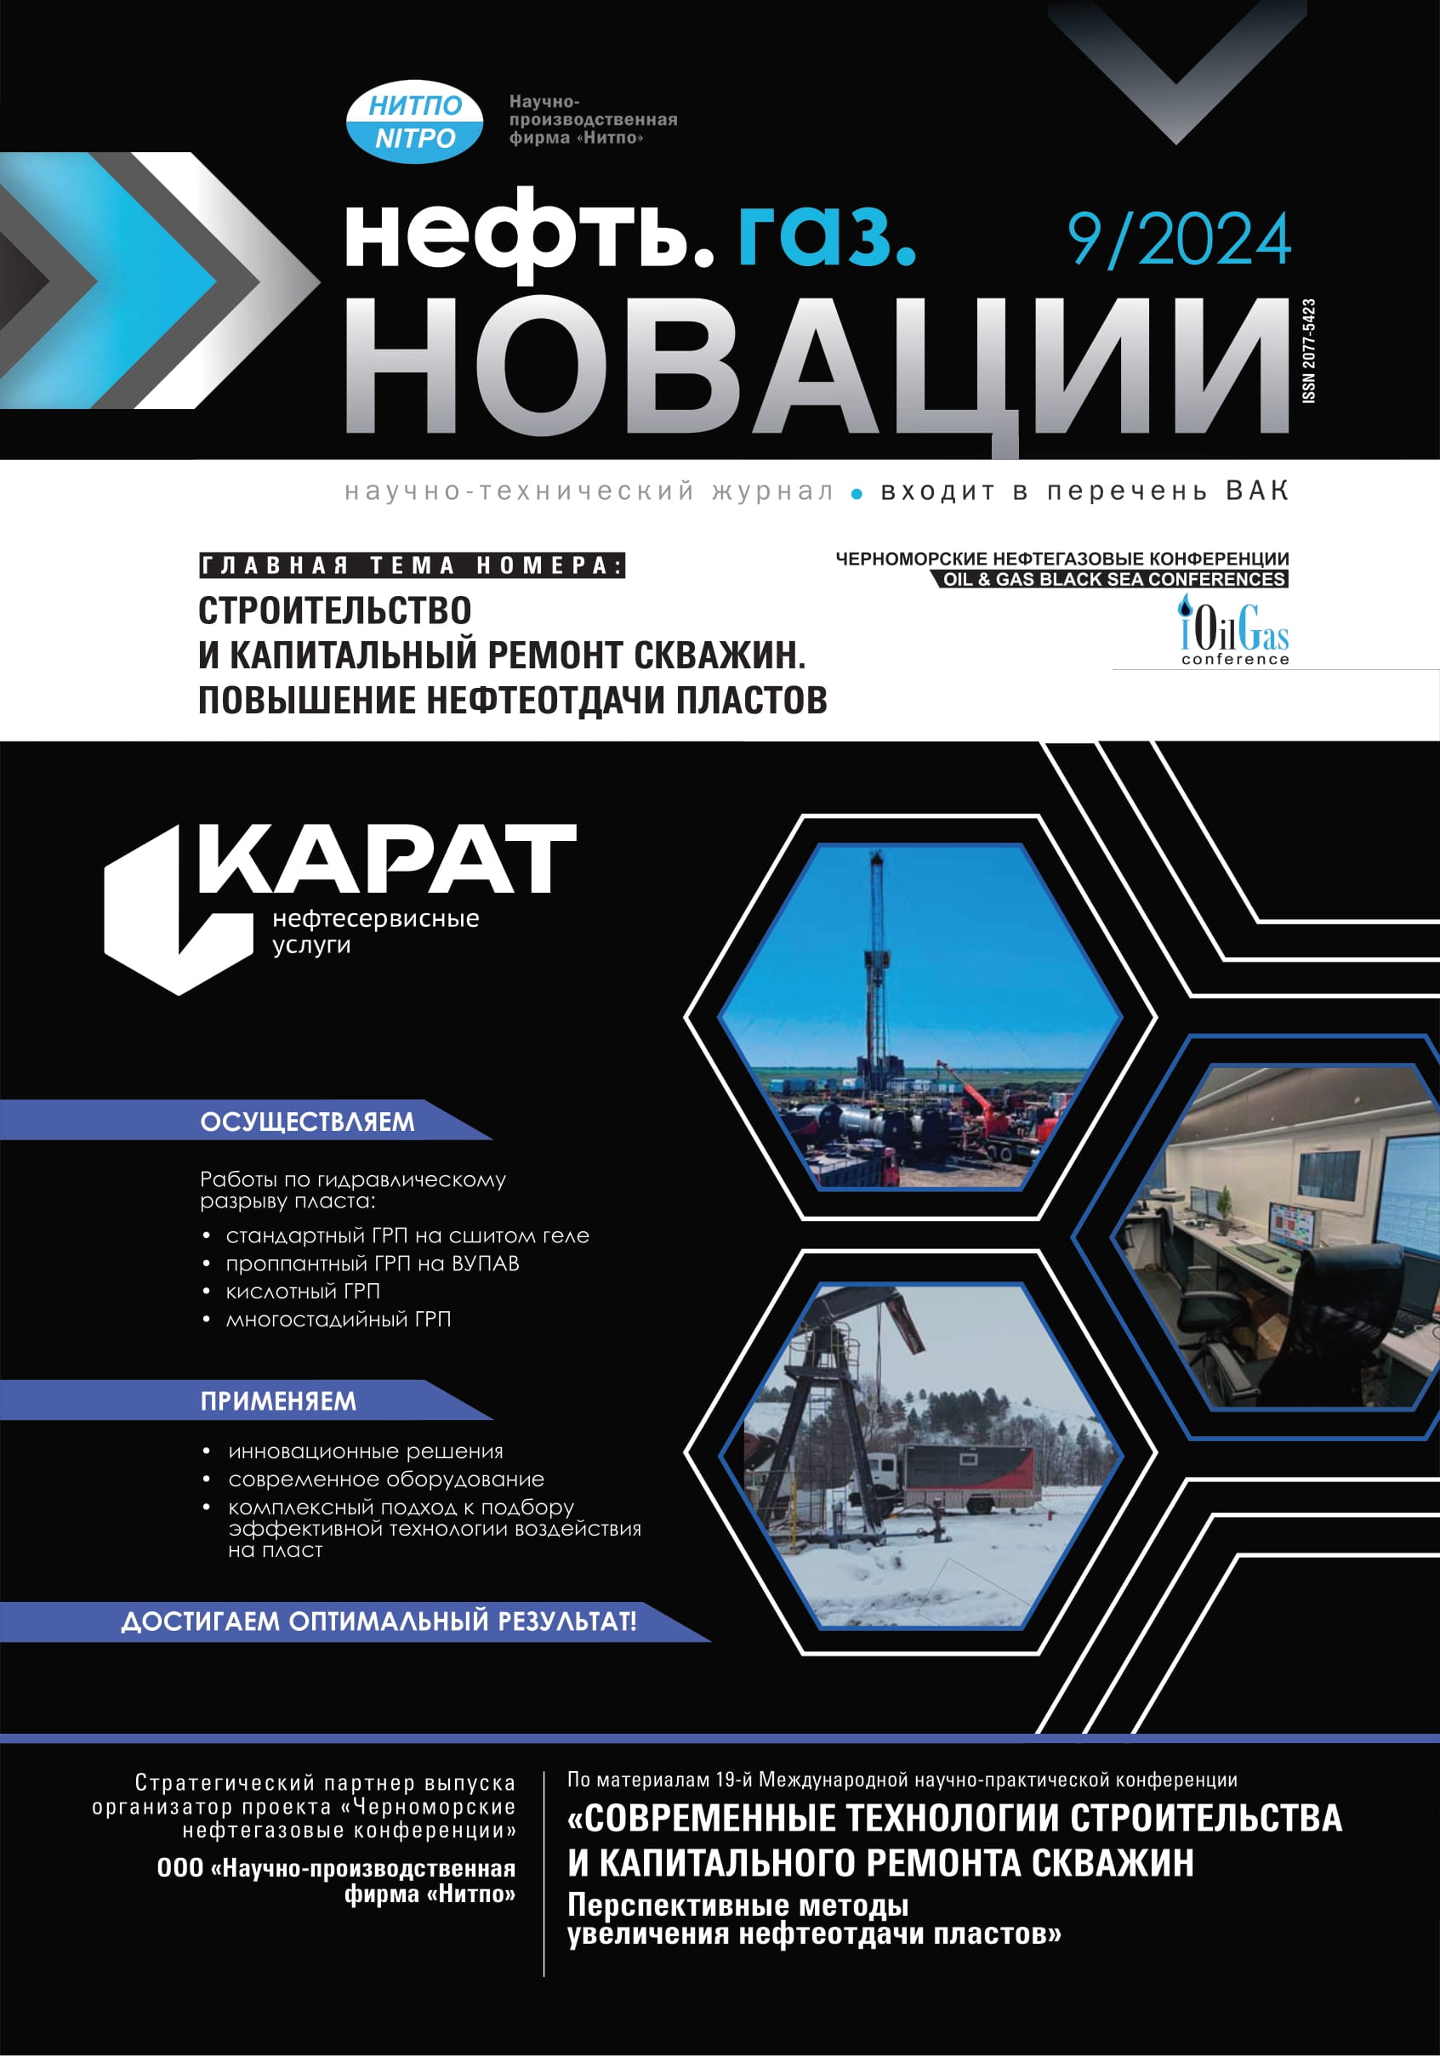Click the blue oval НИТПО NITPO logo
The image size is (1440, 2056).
point(414,122)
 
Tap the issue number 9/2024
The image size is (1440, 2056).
point(1179,240)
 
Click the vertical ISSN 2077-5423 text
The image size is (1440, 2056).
point(1308,351)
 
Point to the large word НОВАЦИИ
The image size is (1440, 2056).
point(815,367)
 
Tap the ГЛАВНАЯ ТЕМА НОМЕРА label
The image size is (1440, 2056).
point(412,566)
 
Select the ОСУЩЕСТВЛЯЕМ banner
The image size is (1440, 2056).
point(307,1122)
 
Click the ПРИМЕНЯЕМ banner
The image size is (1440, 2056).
point(277,1400)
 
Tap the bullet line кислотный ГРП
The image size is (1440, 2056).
point(303,1292)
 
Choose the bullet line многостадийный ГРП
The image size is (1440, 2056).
point(339,1319)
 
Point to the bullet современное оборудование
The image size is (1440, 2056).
point(386,1480)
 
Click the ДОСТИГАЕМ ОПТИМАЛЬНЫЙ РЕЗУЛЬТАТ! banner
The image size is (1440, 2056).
point(378,1621)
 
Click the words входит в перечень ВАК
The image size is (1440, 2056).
point(1084,491)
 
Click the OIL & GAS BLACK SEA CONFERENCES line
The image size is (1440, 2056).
point(1113,579)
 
